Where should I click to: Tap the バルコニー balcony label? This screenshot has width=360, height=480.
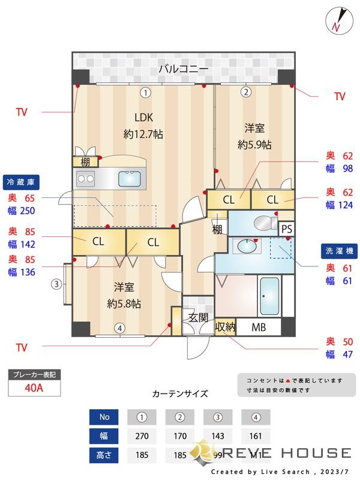click(184, 70)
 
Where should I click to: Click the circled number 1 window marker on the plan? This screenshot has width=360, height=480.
click(145, 92)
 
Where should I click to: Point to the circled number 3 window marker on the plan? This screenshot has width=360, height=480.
click(56, 284)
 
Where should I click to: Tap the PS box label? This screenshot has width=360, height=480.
click(286, 229)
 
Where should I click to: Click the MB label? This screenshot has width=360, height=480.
click(259, 328)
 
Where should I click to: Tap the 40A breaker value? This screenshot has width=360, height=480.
click(34, 388)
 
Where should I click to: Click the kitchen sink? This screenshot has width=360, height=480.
click(130, 178)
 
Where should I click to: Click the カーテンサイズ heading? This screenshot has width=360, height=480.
click(180, 394)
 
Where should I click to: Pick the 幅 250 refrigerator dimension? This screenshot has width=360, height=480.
click(22, 211)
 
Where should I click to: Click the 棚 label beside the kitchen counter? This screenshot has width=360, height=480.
click(86, 162)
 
